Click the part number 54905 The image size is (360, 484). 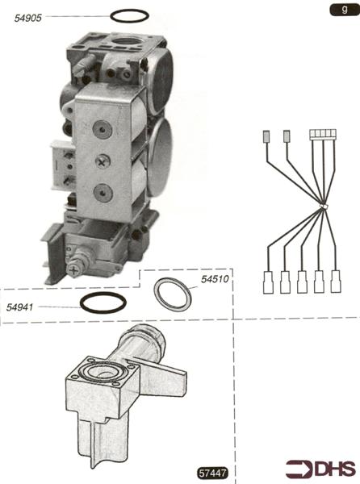tap(27, 18)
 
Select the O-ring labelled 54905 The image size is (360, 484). tap(129, 10)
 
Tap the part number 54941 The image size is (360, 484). tap(19, 307)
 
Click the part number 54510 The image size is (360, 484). tap(215, 279)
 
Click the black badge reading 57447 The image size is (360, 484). tap(213, 473)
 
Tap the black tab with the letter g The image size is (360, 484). tap(344, 10)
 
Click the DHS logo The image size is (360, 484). tap(320, 469)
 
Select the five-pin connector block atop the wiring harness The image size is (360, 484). tap(323, 135)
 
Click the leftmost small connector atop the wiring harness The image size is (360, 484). tap(266, 136)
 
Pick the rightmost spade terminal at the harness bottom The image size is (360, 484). tap(336, 282)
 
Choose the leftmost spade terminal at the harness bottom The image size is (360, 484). tap(268, 282)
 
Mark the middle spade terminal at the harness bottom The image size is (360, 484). tap(302, 282)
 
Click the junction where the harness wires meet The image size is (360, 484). tap(323, 207)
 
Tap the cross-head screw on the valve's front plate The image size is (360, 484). tap(102, 161)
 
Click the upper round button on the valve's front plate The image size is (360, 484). tap(101, 129)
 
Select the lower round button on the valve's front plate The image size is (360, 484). tap(103, 193)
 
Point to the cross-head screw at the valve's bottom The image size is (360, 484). tap(74, 271)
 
